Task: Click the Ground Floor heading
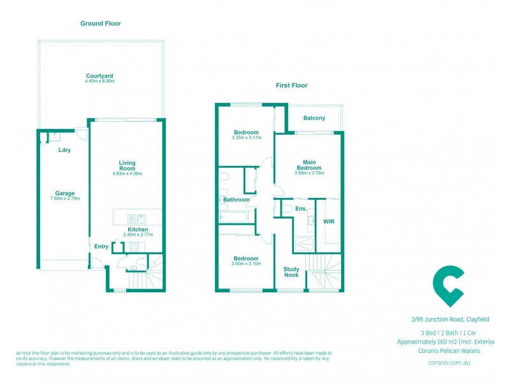point(100,24)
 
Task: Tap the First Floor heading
point(292,85)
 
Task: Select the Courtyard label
point(99,76)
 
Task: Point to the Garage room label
point(64,193)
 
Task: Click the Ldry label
point(64,150)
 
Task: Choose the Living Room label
point(127,166)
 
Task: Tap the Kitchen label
point(138,229)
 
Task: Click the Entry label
point(101,246)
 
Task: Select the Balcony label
point(314,118)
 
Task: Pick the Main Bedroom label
point(309,165)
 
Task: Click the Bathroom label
point(237,200)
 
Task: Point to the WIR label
point(329,222)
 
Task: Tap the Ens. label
point(301,209)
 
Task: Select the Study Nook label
point(291,272)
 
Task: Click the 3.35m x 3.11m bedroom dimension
point(247,138)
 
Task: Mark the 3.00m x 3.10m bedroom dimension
point(247,264)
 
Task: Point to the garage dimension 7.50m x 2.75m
point(64,199)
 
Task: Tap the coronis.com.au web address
point(449,363)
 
